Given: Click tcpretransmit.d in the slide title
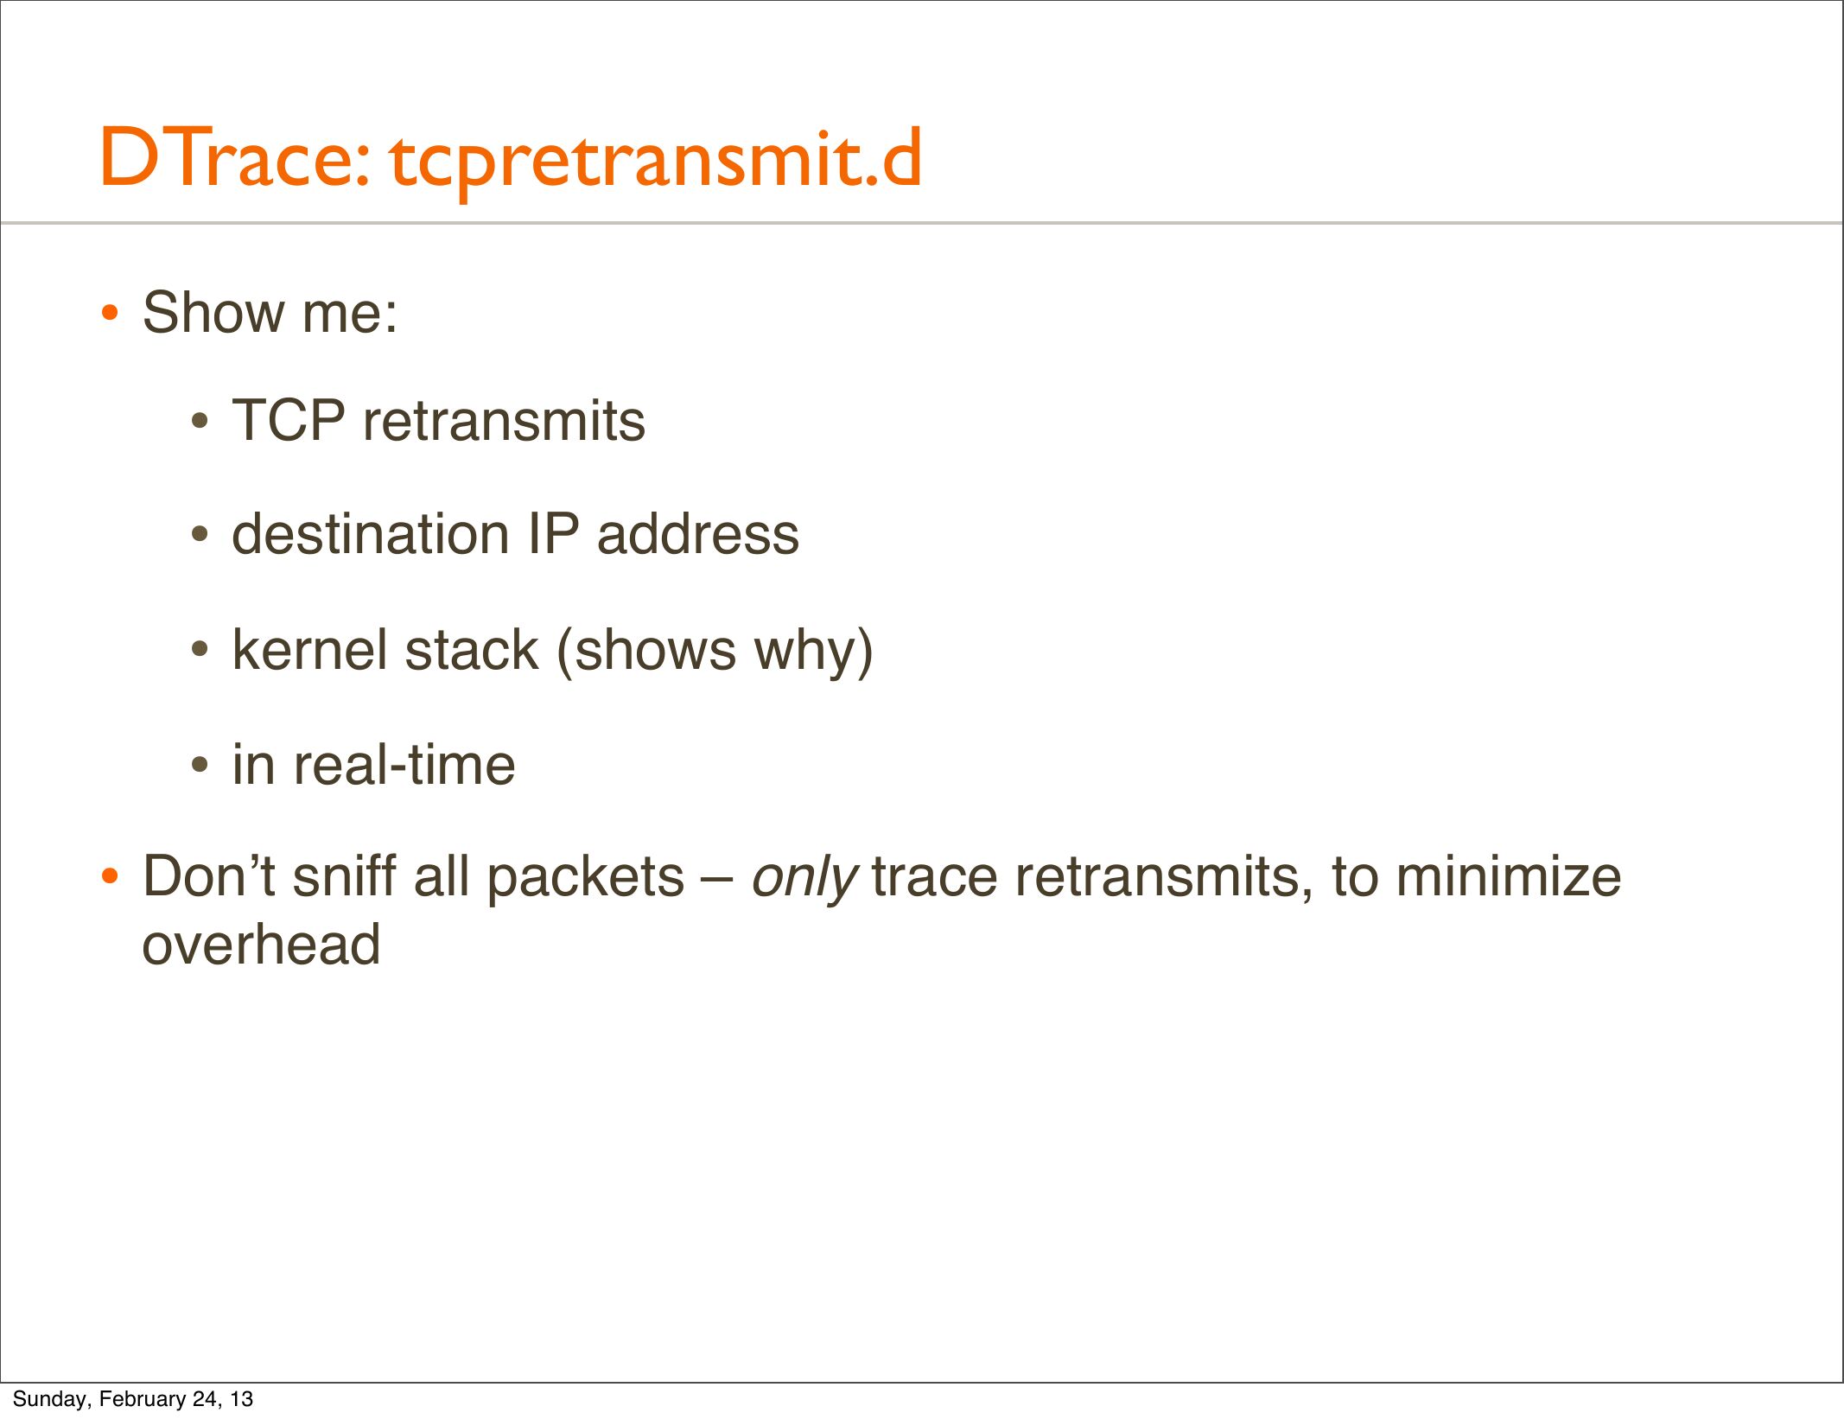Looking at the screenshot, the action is coord(656,162).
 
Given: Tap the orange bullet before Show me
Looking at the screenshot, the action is coord(109,313).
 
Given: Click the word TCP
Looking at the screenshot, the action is coord(289,421).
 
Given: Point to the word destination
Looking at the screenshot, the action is coord(372,533).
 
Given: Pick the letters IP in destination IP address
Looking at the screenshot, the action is coord(553,533).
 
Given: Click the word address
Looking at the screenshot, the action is coord(698,533).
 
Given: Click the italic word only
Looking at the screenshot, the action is coord(804,879).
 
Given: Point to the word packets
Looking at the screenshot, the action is coord(585,878).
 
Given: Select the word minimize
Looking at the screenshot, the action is coord(1509,876).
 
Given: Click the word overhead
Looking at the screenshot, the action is coord(261,944).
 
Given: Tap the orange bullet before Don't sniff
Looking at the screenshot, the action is coord(109,877).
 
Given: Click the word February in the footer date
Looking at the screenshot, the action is coord(143,1399).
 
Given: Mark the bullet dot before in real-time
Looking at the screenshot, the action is coord(200,765).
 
